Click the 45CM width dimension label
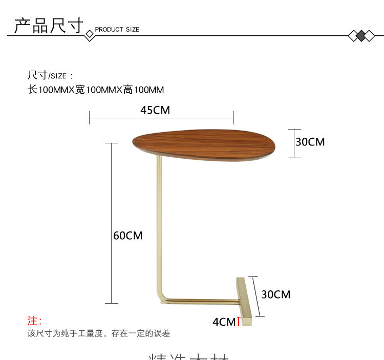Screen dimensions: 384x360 point(155,110)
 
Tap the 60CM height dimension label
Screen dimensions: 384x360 point(127,236)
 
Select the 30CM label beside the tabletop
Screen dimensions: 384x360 point(310,142)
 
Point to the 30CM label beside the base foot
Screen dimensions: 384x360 point(275,294)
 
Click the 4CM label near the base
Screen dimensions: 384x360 point(224,322)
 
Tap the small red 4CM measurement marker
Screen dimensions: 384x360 point(239,322)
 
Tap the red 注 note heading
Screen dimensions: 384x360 point(34,321)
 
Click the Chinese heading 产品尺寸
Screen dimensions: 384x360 point(49,26)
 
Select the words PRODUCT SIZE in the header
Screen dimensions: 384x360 point(117,30)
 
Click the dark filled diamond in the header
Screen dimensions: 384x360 point(361,36)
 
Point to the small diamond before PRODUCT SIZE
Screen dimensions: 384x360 point(90,34)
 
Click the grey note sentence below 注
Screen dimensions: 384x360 point(98,333)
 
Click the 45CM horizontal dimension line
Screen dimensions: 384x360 point(161,118)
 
